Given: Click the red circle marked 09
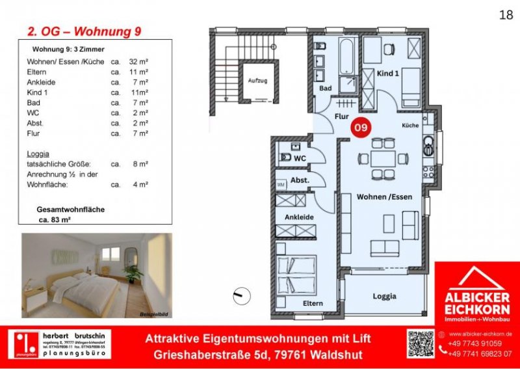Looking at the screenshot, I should [359, 128].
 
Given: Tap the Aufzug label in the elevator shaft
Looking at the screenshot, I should [257, 81].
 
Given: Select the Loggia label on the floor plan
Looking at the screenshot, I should [384, 296].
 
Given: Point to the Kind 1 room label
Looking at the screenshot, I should [387, 74].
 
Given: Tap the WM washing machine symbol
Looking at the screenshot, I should [281, 185].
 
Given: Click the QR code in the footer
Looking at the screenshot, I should [420, 344].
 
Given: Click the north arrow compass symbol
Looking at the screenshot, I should [240, 295].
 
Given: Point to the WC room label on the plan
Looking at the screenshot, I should [299, 158].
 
